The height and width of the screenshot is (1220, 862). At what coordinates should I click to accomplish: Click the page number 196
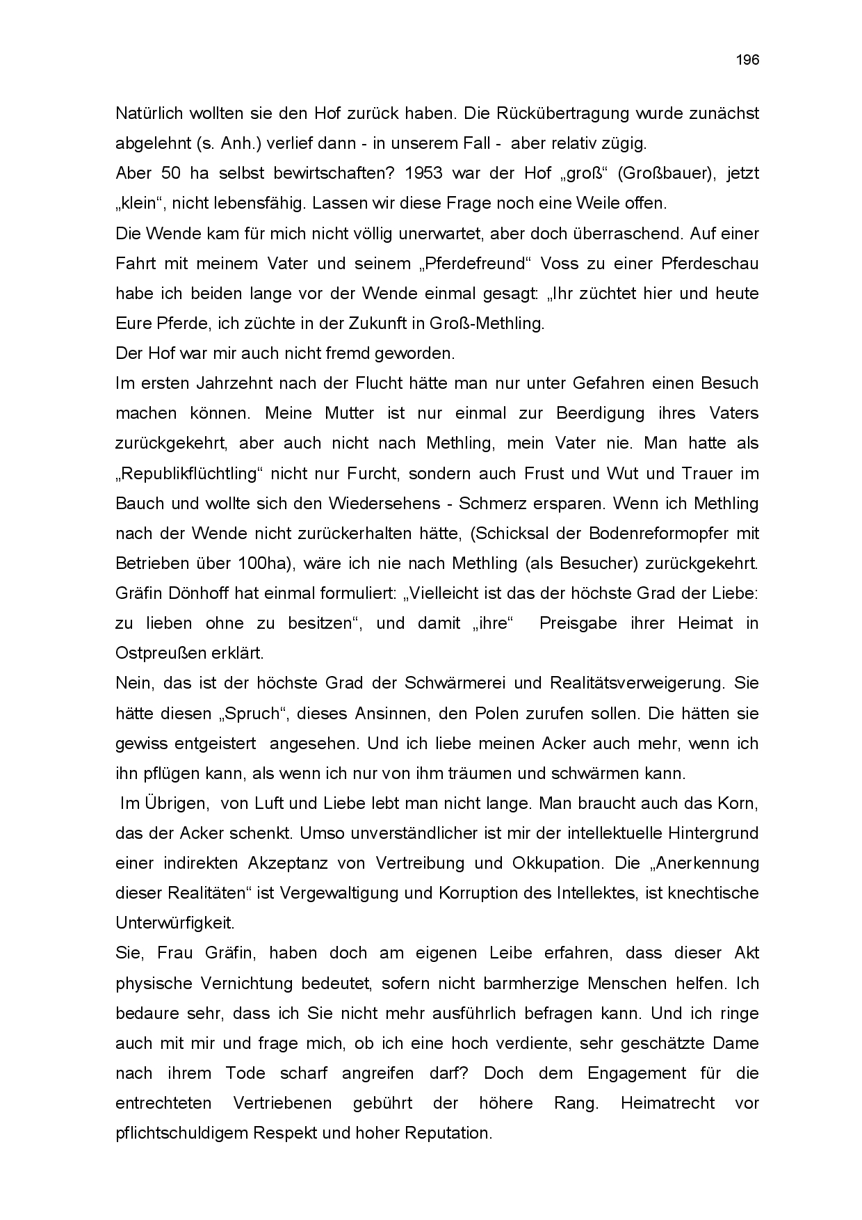(x=747, y=60)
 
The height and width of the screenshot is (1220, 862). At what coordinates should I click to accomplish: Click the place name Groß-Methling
(x=487, y=323)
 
